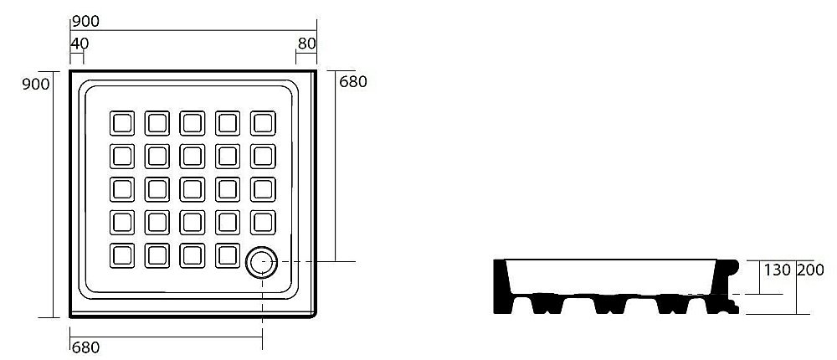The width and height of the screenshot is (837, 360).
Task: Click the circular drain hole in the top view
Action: coord(262,262)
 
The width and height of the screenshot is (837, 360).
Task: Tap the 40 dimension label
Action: coord(80,42)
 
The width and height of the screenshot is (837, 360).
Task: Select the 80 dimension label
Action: coord(306,42)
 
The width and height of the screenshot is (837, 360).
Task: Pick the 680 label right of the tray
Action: coord(353,81)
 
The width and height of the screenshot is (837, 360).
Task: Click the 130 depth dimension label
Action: coord(777,270)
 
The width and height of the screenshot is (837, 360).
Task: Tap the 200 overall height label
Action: coord(811,270)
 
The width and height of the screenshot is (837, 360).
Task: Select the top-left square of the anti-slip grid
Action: coord(122,123)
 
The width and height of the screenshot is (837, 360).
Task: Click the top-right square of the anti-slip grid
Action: coord(263,123)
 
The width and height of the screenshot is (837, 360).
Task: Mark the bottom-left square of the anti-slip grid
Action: coord(122,255)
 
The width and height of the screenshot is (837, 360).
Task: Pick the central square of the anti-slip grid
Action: coord(193,189)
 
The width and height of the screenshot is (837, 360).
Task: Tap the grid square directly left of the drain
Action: coord(228,255)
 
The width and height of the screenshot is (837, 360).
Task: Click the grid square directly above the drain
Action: coord(263,222)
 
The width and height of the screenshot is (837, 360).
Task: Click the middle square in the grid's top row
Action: coord(193,123)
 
